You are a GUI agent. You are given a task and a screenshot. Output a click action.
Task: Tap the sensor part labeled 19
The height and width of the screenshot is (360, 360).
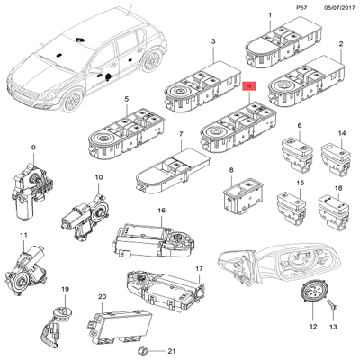click(x=66, y=312)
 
